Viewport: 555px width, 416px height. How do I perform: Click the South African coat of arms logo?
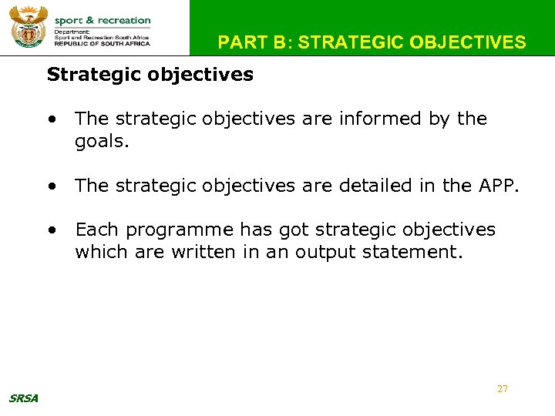[x=28, y=27]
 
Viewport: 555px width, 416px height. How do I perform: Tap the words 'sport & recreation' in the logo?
[x=103, y=20]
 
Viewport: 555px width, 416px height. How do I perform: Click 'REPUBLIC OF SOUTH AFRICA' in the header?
[x=103, y=44]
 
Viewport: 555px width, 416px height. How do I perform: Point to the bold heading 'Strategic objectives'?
[x=150, y=75]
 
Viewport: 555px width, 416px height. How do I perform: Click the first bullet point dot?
[x=51, y=119]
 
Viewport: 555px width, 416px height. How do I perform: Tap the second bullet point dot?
[x=51, y=186]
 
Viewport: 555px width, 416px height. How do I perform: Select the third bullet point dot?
[x=51, y=230]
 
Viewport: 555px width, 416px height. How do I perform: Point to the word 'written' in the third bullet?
[x=177, y=253]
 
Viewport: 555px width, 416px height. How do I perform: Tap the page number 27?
[x=503, y=389]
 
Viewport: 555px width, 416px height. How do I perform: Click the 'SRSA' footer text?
[x=24, y=398]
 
